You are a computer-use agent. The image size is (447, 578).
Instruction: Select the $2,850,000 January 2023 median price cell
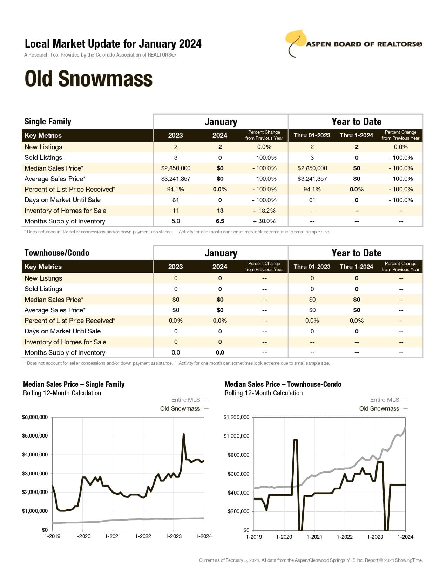pos(176,168)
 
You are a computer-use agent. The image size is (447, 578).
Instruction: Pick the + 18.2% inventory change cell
pos(264,211)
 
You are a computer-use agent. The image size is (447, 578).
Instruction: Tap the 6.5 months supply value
pos(220,221)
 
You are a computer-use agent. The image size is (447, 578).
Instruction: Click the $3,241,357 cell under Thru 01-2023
pos(312,179)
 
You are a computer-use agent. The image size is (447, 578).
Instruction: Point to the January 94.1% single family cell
pos(176,189)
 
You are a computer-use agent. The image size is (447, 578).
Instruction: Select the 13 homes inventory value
pos(220,211)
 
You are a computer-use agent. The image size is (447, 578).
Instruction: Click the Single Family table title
pos(48,122)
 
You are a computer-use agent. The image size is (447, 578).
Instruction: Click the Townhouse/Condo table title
pos(57,253)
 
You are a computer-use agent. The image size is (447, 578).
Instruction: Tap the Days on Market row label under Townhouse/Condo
pos(62,331)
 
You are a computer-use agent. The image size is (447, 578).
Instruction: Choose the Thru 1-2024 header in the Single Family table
pos(356,135)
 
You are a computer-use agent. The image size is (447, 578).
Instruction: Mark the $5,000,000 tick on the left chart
pos(35,436)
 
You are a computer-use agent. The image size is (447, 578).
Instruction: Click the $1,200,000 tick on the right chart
pos(236,417)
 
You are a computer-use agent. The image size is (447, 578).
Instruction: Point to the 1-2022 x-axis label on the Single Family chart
pos(143,536)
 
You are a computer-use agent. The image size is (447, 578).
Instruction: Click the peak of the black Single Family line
pos(183,435)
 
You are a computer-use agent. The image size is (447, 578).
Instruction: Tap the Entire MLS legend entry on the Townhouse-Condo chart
pos(385,400)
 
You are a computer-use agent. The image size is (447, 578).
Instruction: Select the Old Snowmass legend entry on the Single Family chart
pos(180,408)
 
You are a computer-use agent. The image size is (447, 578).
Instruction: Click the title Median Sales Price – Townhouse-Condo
pos(283,384)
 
